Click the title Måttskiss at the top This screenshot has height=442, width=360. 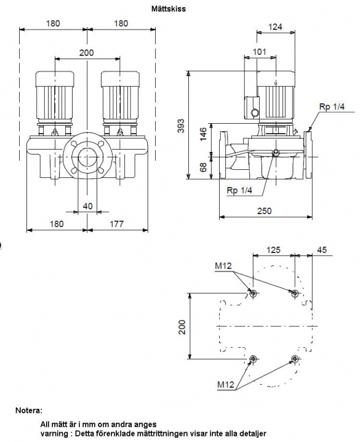[x=169, y=9]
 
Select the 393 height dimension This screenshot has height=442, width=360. [x=182, y=126]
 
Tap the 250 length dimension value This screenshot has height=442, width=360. [x=264, y=211]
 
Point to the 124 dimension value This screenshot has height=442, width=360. [x=275, y=27]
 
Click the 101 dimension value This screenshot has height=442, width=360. [x=259, y=52]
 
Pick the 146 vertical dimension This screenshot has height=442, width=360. [x=203, y=134]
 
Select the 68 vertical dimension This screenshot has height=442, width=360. [x=203, y=167]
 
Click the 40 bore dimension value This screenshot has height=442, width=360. [x=87, y=206]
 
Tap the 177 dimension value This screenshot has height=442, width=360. [x=116, y=224]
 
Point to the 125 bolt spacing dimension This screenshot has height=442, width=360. [x=273, y=250]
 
